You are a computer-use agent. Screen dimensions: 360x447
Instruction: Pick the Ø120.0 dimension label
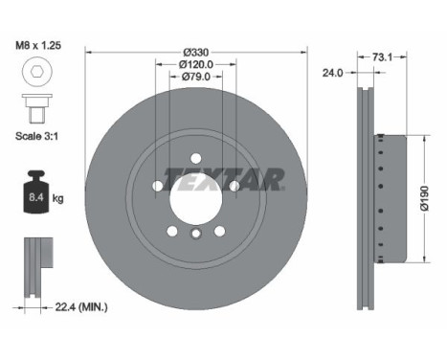(195, 65)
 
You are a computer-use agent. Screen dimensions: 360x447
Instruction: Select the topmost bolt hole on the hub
(195, 158)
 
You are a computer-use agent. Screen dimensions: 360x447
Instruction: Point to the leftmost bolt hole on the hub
(157, 184)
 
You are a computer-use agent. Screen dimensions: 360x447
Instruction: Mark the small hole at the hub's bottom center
(195, 235)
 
